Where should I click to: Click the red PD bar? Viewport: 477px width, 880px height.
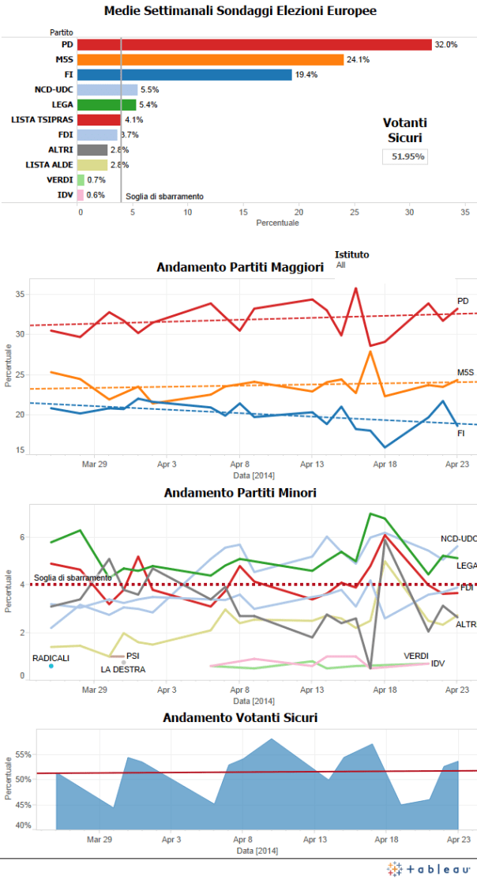254,44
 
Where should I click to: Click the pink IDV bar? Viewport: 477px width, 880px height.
80,194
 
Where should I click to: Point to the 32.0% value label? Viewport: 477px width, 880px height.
445,45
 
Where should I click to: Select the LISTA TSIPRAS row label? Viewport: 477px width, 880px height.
43,119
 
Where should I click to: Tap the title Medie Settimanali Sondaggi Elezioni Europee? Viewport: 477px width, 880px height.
240,11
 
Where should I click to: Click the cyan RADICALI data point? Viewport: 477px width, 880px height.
51,666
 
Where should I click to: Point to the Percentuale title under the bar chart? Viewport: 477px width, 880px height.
277,223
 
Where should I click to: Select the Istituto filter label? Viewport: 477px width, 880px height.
351,254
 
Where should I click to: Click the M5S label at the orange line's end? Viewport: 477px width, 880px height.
465,372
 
